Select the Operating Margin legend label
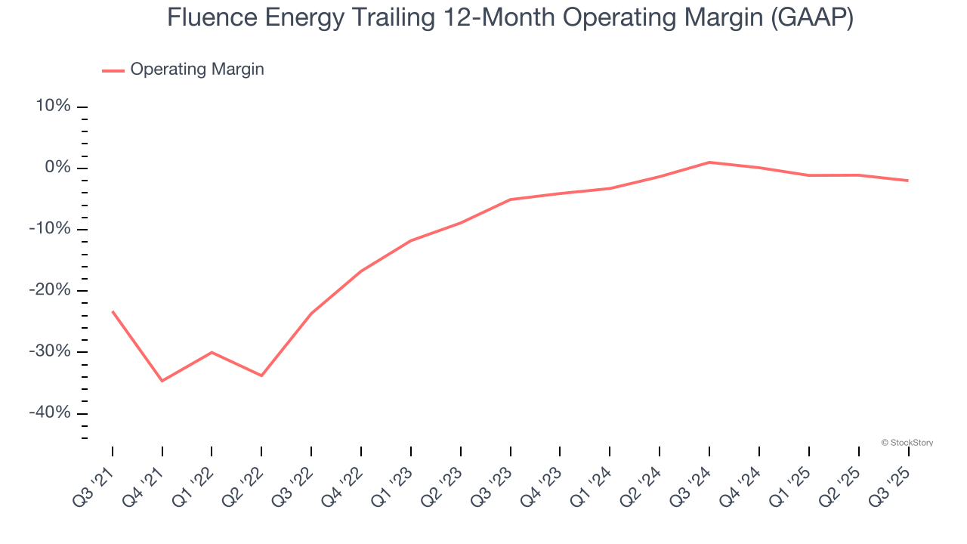(197, 70)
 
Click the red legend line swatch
(113, 70)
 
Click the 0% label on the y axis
(57, 168)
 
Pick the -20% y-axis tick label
(50, 290)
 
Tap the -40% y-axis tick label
(50, 413)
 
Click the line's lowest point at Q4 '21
(162, 381)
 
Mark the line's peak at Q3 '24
(709, 162)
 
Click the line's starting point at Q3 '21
(113, 311)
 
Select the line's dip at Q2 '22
(261, 376)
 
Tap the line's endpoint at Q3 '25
(907, 181)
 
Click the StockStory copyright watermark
(907, 443)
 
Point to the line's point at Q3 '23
(511, 199)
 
